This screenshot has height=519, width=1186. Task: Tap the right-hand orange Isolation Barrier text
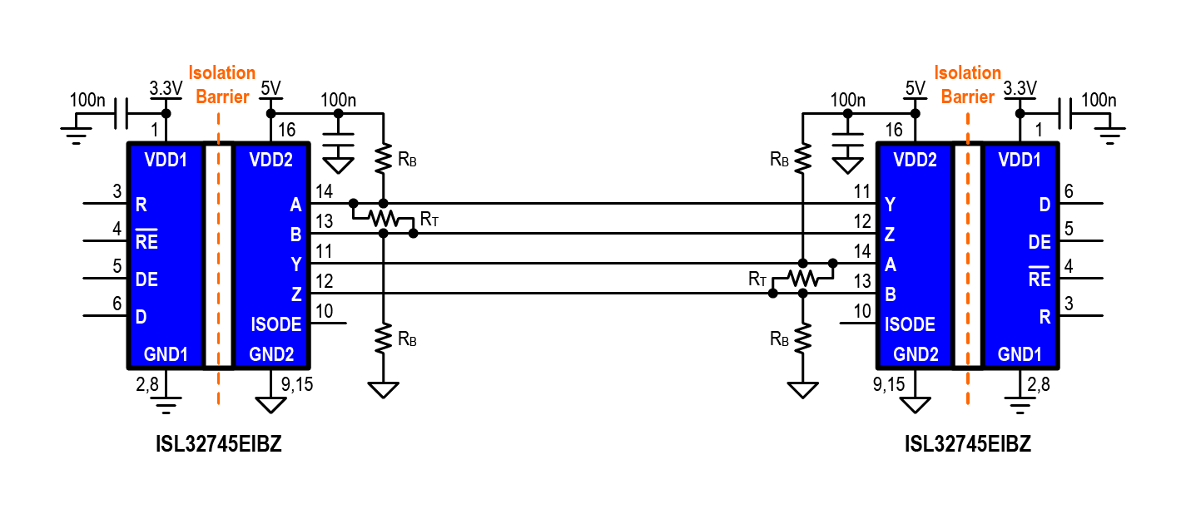click(967, 85)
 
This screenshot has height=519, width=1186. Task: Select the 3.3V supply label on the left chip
click(165, 88)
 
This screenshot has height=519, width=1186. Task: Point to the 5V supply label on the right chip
click(915, 88)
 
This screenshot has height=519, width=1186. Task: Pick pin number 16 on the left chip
click(286, 130)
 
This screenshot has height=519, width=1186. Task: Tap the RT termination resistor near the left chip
click(383, 219)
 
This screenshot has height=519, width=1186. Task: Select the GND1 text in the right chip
click(1020, 354)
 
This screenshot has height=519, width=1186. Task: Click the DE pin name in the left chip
click(146, 280)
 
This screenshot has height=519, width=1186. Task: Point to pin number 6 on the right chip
click(1069, 192)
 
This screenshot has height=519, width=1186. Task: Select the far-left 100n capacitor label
click(87, 101)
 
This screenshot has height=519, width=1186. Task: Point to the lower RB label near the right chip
click(779, 339)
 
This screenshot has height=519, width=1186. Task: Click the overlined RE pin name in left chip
click(147, 241)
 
